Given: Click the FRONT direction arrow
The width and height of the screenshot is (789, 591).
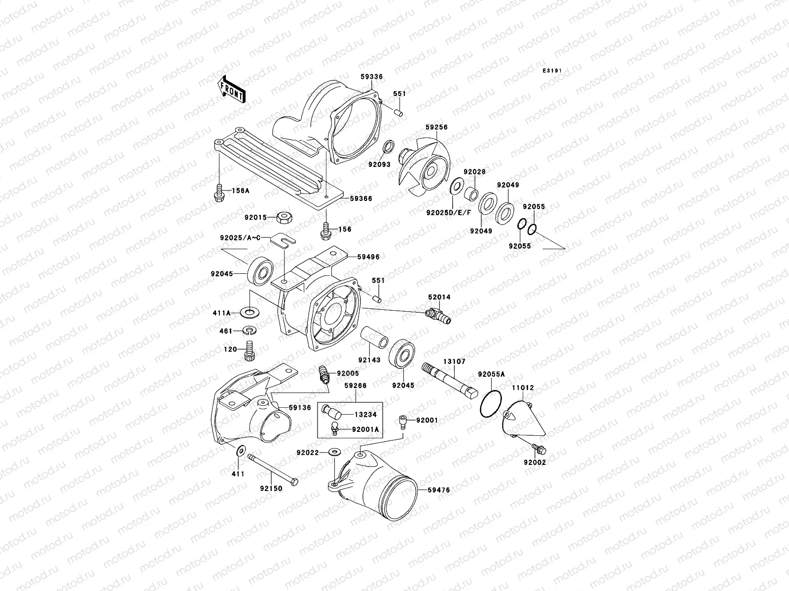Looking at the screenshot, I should [x=233, y=89].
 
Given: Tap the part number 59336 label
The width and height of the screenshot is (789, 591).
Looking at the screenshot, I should [x=371, y=77].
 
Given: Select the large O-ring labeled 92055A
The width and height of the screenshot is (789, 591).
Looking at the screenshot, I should [x=491, y=405].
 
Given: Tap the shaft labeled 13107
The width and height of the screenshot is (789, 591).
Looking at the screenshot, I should [x=450, y=380].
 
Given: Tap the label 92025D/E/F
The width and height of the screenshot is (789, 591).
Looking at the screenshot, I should [x=449, y=212].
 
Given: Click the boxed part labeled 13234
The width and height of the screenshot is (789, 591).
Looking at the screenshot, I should [x=330, y=409].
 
